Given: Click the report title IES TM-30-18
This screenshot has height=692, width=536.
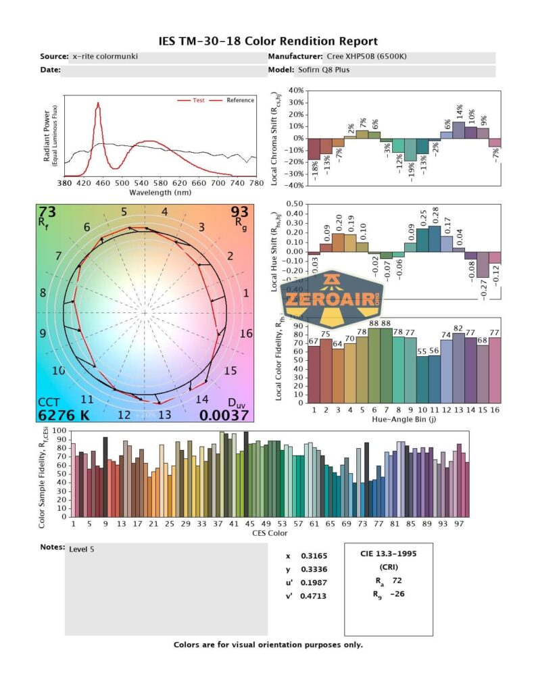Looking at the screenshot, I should coord(268,42).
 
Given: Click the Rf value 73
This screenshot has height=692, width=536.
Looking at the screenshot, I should coord(47,214).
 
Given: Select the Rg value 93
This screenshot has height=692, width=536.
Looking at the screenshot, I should coord(239,214).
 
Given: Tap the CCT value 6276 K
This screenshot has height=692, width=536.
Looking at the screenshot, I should coord(64,415).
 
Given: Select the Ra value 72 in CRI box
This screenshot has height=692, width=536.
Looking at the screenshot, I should coord(396,580).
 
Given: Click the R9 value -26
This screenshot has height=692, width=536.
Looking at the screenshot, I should coord(398,594).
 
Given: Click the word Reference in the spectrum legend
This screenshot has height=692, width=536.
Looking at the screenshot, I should coord(240,100).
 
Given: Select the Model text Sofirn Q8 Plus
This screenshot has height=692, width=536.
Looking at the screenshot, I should coord(323,70).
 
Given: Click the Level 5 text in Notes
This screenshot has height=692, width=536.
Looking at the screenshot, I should coord(82,549).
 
